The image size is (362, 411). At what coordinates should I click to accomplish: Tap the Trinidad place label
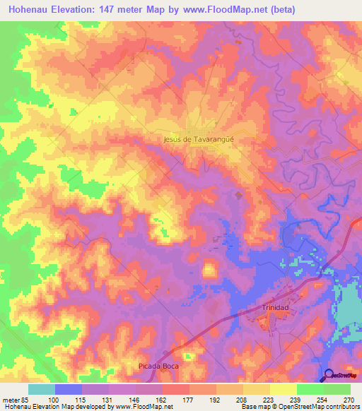click(x=276, y=309)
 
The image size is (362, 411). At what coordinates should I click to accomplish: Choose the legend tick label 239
click(x=296, y=400)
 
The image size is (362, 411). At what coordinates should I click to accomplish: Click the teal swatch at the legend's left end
click(x=42, y=389)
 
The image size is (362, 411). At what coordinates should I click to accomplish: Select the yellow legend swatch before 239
click(x=283, y=389)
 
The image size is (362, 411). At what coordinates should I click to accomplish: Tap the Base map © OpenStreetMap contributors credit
click(x=300, y=407)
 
